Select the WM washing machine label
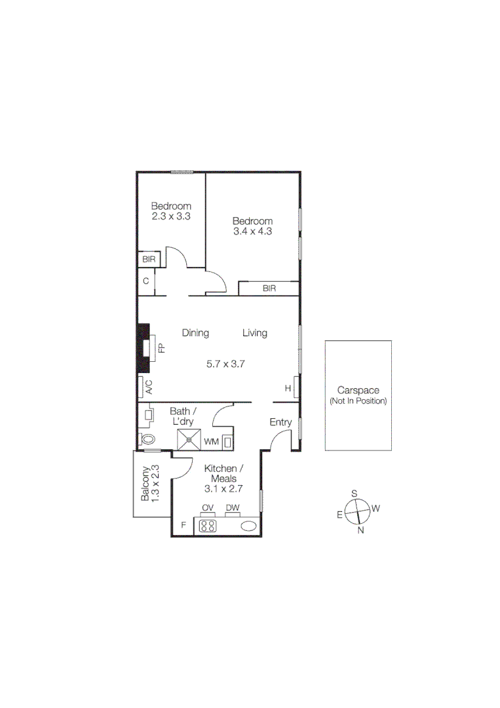(x=211, y=442)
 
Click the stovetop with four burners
(x=208, y=526)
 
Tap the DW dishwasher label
(x=232, y=507)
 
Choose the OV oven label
(x=208, y=507)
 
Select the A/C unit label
(x=148, y=387)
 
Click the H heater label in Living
(x=287, y=388)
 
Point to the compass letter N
(x=360, y=530)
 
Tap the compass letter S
(x=354, y=493)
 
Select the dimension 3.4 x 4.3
(x=252, y=231)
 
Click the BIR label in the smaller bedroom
(x=148, y=260)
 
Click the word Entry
(x=280, y=422)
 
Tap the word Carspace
(x=358, y=390)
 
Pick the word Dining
(x=195, y=333)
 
